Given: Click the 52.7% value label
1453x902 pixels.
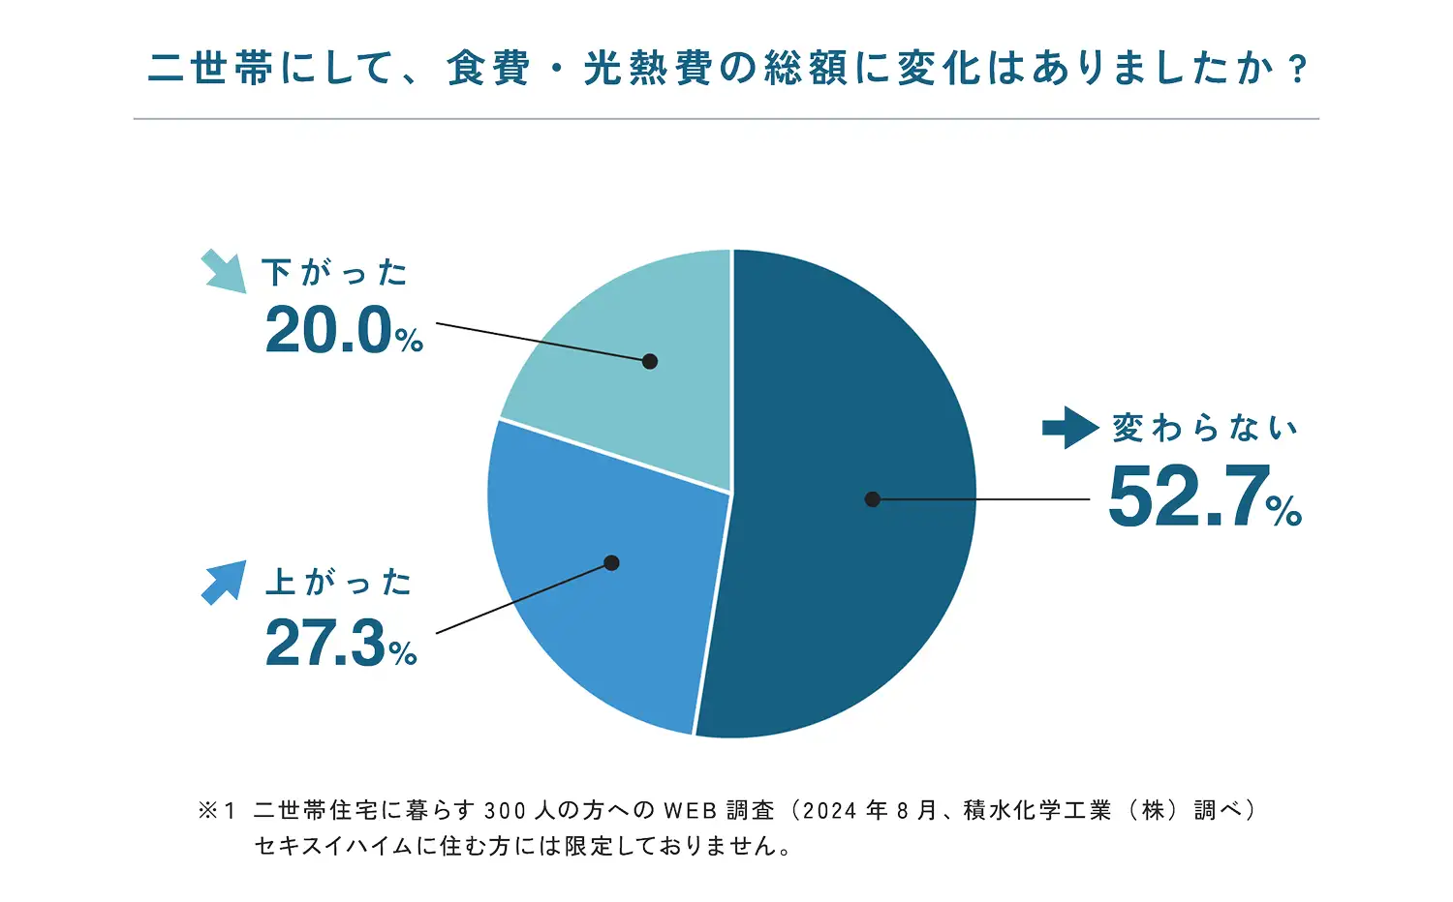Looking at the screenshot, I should click(x=1204, y=496).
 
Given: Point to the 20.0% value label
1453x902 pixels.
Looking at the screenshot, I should click(x=344, y=330).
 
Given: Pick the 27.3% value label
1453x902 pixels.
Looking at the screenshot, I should click(x=341, y=643).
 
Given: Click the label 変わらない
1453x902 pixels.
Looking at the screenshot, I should click(x=1204, y=428).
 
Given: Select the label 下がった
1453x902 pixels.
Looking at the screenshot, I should click(x=334, y=273).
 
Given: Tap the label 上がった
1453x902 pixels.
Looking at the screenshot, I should click(x=338, y=583).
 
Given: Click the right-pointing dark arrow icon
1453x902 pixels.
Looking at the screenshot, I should click(x=1070, y=428).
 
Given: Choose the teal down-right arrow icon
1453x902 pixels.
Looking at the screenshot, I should click(x=224, y=271).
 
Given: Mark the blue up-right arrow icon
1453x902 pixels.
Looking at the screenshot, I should click(x=224, y=583).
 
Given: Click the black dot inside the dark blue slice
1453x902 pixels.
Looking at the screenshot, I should click(x=873, y=499).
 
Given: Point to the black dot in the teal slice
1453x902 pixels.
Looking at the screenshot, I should click(x=650, y=361).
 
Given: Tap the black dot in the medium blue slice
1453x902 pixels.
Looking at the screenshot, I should click(x=611, y=562).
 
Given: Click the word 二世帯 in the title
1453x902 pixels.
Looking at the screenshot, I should click(x=212, y=69).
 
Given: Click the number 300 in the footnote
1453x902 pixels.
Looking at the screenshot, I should click(x=505, y=810).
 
